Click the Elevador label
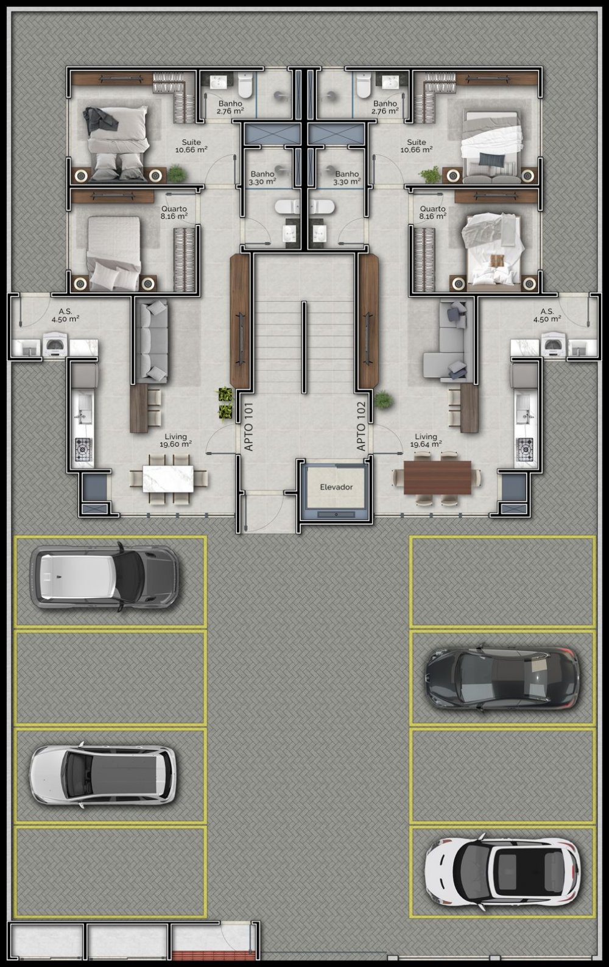pos(336,487)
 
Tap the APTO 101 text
pos(248,427)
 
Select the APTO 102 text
pos(361,426)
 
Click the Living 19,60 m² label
pos(175,440)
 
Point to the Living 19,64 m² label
pos(426,440)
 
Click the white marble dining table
pos(168,478)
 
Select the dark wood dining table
pos(437,477)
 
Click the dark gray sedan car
pos(502,679)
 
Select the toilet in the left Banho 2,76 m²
pos(245,85)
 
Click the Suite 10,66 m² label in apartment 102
pos(417,146)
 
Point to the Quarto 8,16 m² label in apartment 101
pos(174,213)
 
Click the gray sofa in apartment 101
pos(152,341)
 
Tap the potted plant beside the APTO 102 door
pos(383,400)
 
